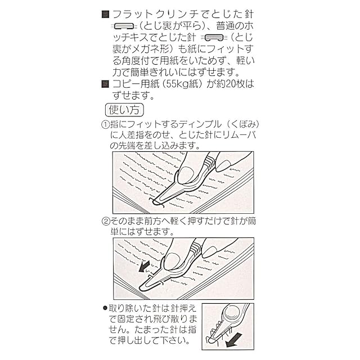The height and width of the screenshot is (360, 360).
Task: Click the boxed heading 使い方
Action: point(124,109)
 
